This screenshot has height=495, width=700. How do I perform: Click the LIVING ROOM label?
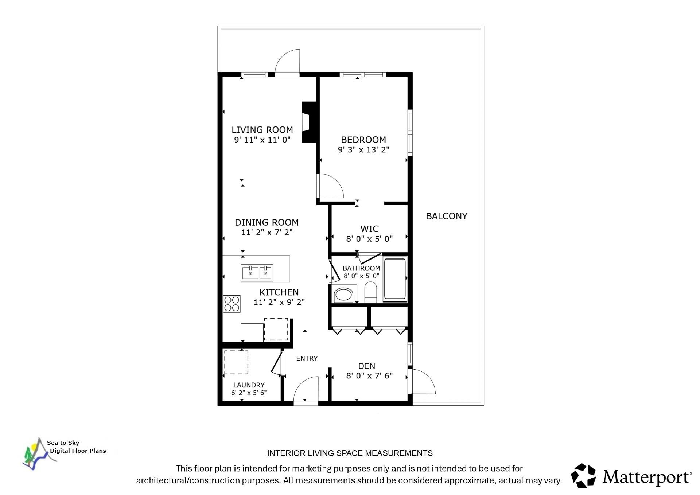pos(262,130)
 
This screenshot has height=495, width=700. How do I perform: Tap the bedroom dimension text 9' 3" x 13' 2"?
pos(363,149)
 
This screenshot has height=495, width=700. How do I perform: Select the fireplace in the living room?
pos(308,122)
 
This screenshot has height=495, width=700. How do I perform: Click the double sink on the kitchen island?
pos(257,273)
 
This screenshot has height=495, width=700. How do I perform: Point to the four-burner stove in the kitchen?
pos(232,304)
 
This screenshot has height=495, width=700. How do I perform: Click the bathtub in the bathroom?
pos(395,279)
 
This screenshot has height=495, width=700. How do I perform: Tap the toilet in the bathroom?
pos(371,292)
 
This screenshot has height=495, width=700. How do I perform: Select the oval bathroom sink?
pos(343,295)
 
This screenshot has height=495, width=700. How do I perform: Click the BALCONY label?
pos(446,216)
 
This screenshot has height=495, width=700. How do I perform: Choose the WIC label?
pos(369,229)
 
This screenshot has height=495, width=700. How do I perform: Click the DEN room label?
pos(366,366)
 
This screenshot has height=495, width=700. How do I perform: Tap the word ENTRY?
pos(307,359)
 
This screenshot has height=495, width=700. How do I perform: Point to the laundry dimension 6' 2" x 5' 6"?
pos(249,393)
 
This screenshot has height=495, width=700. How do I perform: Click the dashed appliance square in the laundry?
pos(236,362)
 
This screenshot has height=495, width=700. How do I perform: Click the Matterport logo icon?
pos(583,476)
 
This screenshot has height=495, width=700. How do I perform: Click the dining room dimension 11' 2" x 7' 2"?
pos(267,232)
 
